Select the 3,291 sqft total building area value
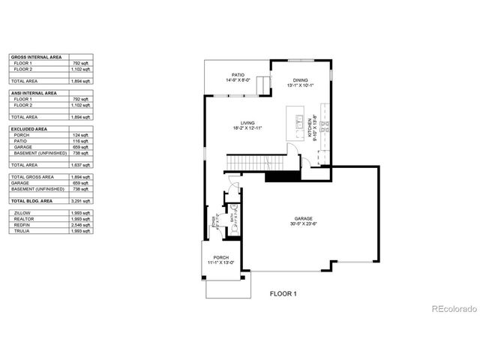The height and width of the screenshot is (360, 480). point(81,202)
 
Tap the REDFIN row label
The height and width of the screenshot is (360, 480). point(22,224)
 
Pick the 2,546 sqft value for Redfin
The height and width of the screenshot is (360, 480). point(81,224)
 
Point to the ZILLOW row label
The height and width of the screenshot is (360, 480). point(22,213)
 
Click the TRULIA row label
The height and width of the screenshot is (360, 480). point(22,230)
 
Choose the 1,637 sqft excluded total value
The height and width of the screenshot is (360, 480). point(81,164)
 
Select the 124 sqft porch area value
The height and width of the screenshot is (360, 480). point(82,135)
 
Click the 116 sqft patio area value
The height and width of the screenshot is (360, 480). point(82,141)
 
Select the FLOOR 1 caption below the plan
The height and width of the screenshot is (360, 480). point(283,294)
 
